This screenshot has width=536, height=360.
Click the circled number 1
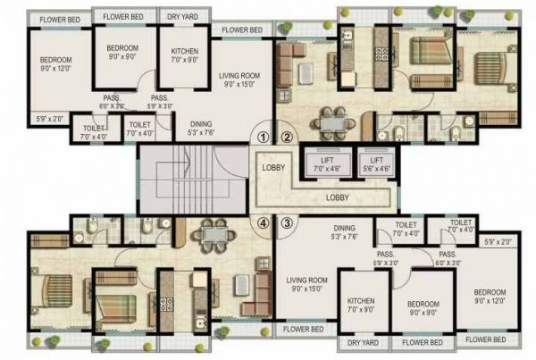click(262, 138)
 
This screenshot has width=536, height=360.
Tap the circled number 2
click(287, 138)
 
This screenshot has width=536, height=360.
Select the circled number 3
click(287, 222)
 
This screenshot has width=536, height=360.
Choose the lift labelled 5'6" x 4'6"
click(374, 162)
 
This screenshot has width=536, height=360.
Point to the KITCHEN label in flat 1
click(184, 55)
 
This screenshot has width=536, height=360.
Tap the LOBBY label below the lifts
click(338, 197)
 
